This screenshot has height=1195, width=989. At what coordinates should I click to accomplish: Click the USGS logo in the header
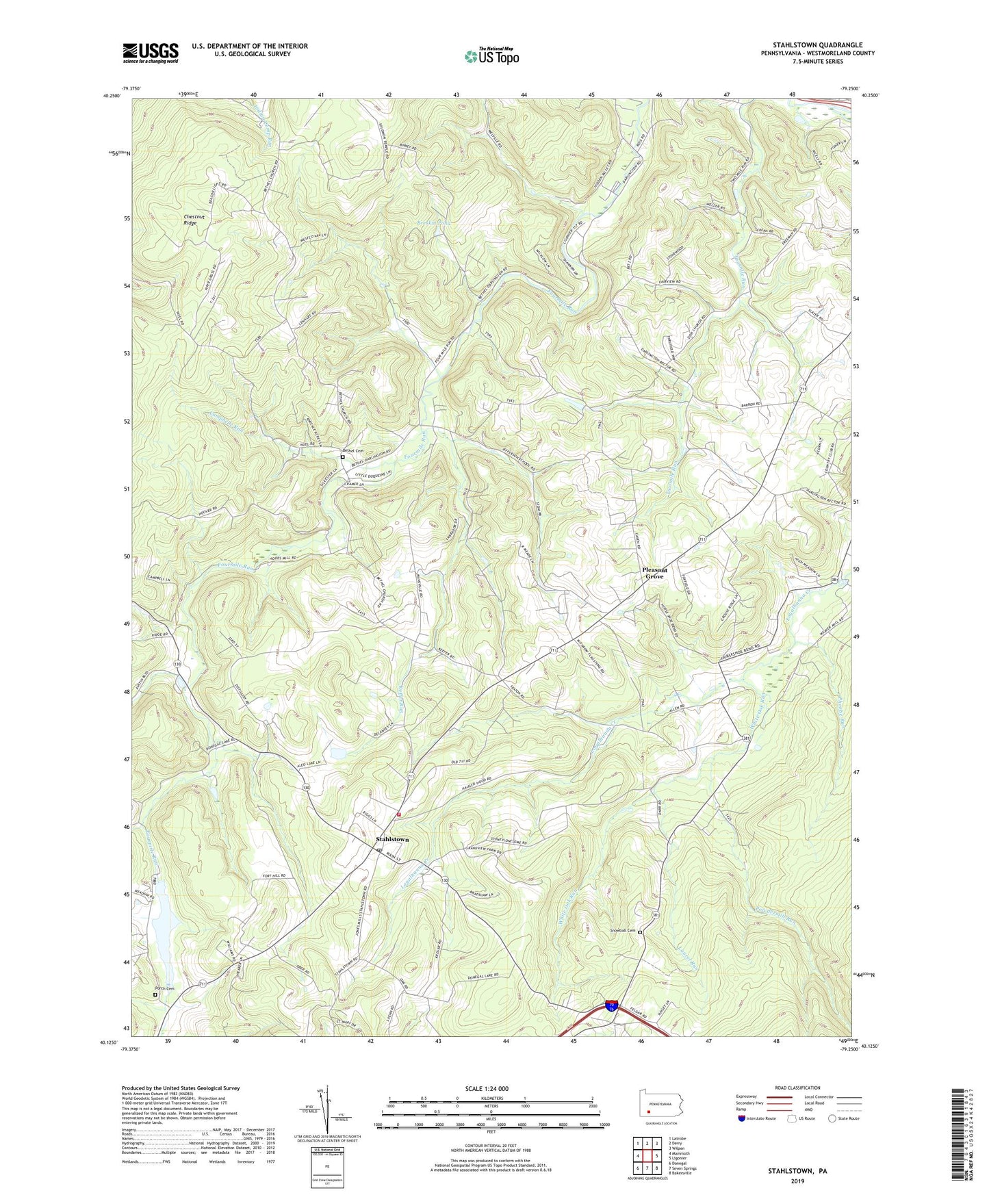click(151, 52)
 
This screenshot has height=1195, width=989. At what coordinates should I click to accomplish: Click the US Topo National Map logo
click(491, 55)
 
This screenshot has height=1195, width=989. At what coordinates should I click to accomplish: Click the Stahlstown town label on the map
click(392, 839)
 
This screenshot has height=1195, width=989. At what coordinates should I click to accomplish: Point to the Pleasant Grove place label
click(654, 574)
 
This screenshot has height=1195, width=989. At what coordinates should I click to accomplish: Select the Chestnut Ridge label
click(195, 220)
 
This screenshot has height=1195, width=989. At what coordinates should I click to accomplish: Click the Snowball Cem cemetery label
click(624, 930)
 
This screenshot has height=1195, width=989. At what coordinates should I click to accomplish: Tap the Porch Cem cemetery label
click(164, 988)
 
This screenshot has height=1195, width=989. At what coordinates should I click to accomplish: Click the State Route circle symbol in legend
click(833, 1119)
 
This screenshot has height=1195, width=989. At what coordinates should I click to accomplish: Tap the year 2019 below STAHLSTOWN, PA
click(798, 1181)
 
